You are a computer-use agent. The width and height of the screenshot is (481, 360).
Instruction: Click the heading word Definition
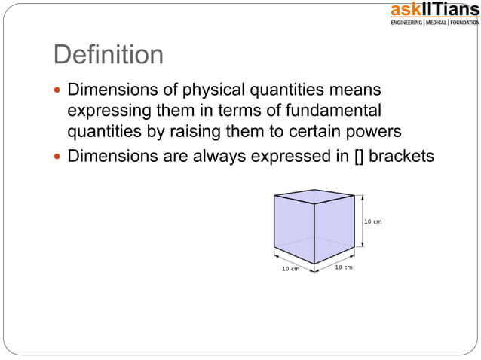[108, 55]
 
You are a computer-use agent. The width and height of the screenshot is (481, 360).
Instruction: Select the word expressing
[110, 111]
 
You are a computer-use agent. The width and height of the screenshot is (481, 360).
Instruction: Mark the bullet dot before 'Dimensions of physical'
[58, 92]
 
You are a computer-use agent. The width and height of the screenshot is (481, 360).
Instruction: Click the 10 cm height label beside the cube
[373, 221]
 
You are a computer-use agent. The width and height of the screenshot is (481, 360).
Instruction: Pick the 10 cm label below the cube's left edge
[291, 269]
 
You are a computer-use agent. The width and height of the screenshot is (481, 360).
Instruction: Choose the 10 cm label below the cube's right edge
[343, 267]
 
